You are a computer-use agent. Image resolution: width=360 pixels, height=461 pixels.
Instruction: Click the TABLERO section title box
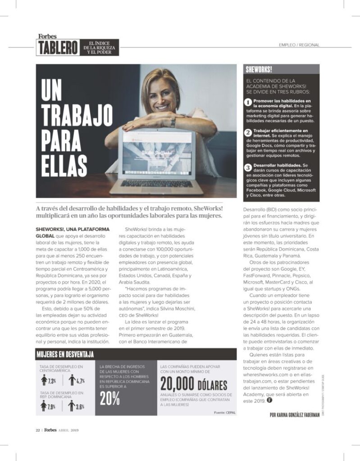tap(57, 47)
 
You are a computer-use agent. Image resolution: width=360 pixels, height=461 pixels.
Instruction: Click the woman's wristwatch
tap(173, 122)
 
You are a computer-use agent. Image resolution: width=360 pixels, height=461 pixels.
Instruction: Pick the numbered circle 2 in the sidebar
tap(248, 133)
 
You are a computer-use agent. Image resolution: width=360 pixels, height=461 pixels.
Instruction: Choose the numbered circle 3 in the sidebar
tap(248, 167)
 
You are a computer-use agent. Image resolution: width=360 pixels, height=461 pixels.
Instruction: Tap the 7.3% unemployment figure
tap(51, 381)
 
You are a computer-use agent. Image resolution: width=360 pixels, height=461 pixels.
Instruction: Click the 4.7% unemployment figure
tap(79, 381)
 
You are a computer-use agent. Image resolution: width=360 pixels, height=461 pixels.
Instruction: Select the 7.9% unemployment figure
tap(51, 407)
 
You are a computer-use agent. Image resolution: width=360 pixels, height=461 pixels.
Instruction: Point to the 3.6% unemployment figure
tap(79, 407)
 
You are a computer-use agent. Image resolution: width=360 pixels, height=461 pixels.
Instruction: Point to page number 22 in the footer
tap(38, 429)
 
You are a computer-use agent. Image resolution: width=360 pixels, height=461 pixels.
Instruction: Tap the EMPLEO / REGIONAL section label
tap(300, 45)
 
